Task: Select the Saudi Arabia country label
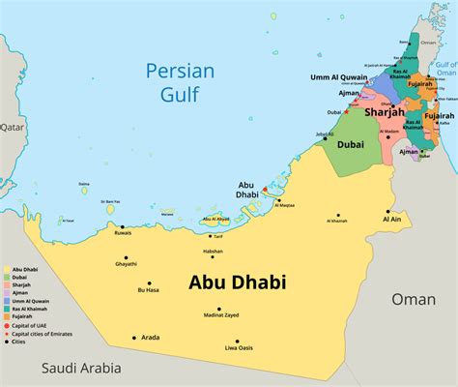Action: [x=82, y=368]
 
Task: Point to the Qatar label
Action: [x=11, y=127]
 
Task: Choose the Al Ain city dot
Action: [x=388, y=211]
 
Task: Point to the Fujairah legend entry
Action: [x=21, y=316]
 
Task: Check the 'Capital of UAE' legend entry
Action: [x=29, y=325]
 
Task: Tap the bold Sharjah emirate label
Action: [x=385, y=112]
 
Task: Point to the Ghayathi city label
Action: [x=127, y=264]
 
